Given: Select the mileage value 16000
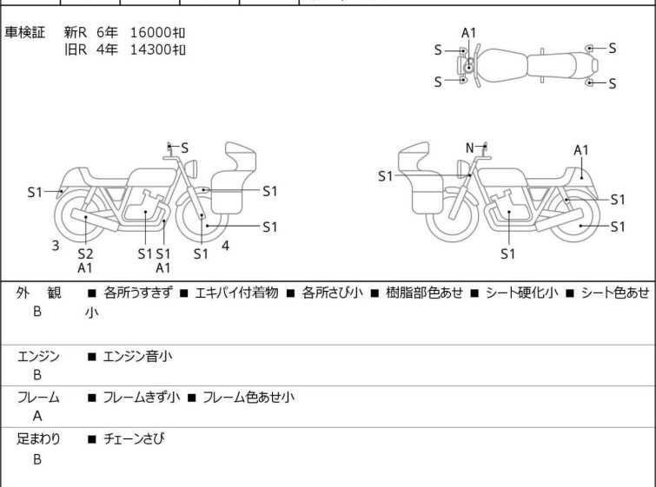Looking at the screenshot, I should click(149, 32).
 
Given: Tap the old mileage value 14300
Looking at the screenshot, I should click(149, 49).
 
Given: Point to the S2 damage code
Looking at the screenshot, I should click(85, 253).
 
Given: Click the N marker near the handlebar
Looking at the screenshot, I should click(470, 148).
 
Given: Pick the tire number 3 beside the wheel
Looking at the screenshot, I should click(56, 246).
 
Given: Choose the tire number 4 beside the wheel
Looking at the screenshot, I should click(225, 246).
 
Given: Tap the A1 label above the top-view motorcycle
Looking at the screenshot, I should click(469, 33).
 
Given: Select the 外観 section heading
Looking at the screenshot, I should click(38, 293).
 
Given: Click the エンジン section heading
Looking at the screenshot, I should click(38, 356).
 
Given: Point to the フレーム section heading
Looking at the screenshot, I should click(38, 398).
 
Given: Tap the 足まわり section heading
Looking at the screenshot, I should click(38, 439).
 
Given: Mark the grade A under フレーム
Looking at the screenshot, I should click(37, 416).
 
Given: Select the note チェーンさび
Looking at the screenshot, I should click(134, 439).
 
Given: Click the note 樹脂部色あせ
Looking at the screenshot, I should click(419, 293).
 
